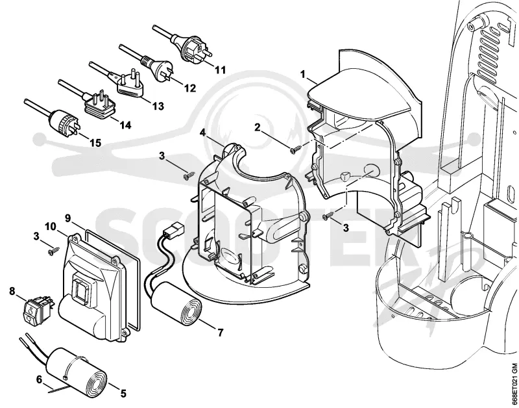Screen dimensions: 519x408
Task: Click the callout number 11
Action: tap(221, 70)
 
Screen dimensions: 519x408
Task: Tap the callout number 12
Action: tap(190, 88)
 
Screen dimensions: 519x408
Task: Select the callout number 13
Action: tap(158, 106)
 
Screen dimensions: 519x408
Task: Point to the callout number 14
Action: tap(125, 125)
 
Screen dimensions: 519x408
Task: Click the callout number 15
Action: tap(95, 143)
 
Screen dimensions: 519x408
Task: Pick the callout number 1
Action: tap(302, 74)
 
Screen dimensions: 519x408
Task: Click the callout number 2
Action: tap(258, 127)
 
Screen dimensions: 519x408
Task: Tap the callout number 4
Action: tap(202, 133)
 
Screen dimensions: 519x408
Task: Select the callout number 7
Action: tap(221, 333)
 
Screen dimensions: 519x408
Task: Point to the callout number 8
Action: tap(12, 291)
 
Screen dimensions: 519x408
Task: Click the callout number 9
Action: tap(68, 218)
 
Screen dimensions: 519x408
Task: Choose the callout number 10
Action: tap(51, 226)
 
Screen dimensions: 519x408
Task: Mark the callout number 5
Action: tap(123, 394)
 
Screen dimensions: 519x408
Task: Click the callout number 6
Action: tap(39, 379)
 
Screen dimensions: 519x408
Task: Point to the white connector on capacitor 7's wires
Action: tap(173, 228)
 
